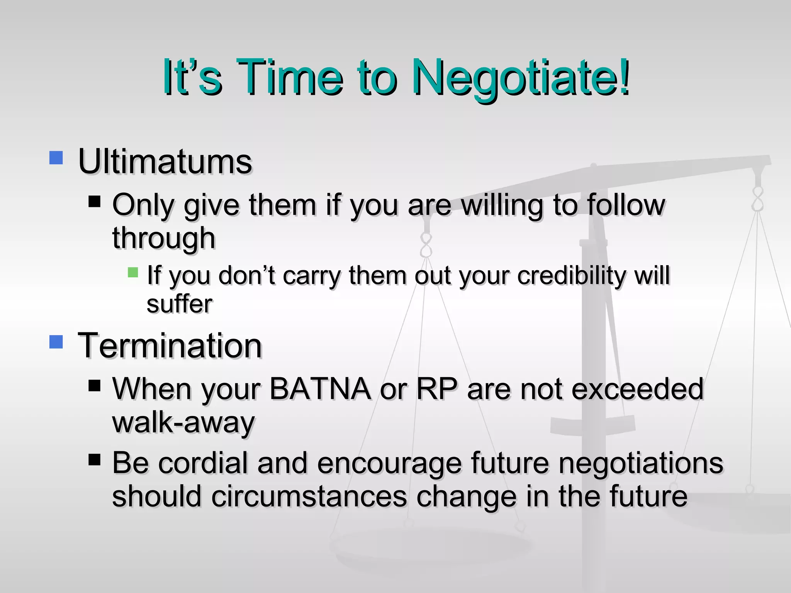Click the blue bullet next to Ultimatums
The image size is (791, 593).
[x=56, y=158]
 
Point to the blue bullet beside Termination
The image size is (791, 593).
[x=56, y=342]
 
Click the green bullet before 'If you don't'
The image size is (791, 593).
[x=133, y=273]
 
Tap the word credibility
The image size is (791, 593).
[x=569, y=276]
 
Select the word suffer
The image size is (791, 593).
[x=179, y=304]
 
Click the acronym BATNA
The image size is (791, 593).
[x=320, y=389]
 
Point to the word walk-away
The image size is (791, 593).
[x=183, y=423]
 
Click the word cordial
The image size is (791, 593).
[x=203, y=463]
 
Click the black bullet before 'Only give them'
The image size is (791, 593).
[x=94, y=202]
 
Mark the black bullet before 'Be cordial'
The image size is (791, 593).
[x=94, y=459]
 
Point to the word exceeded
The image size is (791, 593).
[x=637, y=389]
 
